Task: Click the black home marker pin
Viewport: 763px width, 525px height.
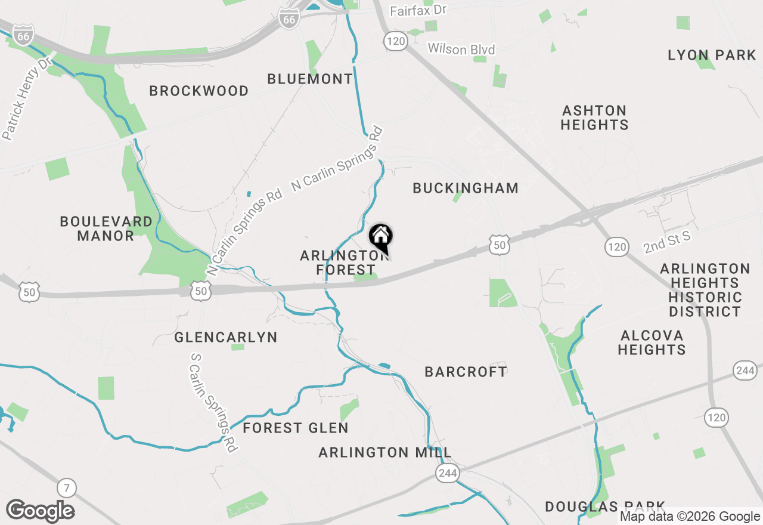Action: (x=381, y=237)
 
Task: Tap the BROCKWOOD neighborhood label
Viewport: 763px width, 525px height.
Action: (x=199, y=91)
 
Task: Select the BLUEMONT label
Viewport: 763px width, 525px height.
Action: (x=310, y=79)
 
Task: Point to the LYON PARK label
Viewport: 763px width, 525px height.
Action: (x=712, y=55)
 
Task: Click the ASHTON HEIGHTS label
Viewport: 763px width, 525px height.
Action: (x=595, y=118)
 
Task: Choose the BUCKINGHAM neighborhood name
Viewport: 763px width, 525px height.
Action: (x=466, y=188)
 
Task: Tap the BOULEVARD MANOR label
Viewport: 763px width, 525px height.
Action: (x=106, y=228)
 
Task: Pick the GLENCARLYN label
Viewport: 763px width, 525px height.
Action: (x=226, y=338)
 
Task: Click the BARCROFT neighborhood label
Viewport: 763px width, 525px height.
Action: (x=466, y=372)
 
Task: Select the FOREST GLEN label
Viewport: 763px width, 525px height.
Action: (x=296, y=428)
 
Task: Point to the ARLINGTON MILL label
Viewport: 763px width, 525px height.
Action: (x=385, y=452)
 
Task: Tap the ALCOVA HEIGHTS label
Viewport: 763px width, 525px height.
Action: (x=652, y=342)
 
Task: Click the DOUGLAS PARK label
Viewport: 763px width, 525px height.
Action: (x=605, y=507)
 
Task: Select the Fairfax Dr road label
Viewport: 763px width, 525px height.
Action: (x=418, y=11)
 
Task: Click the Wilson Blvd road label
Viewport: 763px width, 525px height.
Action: (x=461, y=49)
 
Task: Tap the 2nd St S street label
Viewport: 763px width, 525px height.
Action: (x=666, y=242)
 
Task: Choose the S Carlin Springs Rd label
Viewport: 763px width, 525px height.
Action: (x=213, y=402)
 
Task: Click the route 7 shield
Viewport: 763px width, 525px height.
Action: (x=67, y=489)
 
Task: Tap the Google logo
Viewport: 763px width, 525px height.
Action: (x=40, y=511)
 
